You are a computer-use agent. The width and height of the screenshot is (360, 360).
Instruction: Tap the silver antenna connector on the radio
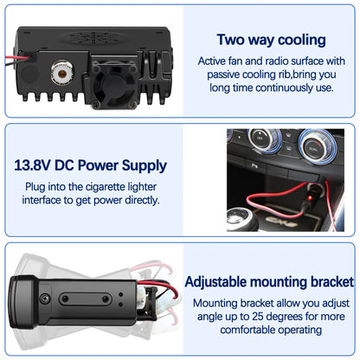coord(64,72)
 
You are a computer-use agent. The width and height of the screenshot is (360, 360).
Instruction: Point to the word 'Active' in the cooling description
coord(215,61)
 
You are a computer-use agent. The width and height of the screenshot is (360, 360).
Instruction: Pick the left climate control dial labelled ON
coord(258,138)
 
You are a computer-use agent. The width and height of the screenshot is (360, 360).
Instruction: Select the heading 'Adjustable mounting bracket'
coord(269,281)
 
